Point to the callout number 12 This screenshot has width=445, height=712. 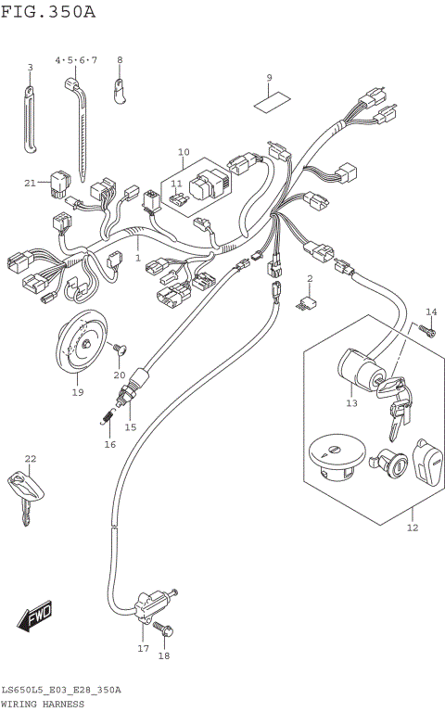413,528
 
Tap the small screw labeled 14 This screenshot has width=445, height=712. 428,329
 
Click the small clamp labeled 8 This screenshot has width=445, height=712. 121,89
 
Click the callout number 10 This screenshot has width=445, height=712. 183,151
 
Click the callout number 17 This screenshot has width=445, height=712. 143,649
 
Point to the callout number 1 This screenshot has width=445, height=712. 137,258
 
